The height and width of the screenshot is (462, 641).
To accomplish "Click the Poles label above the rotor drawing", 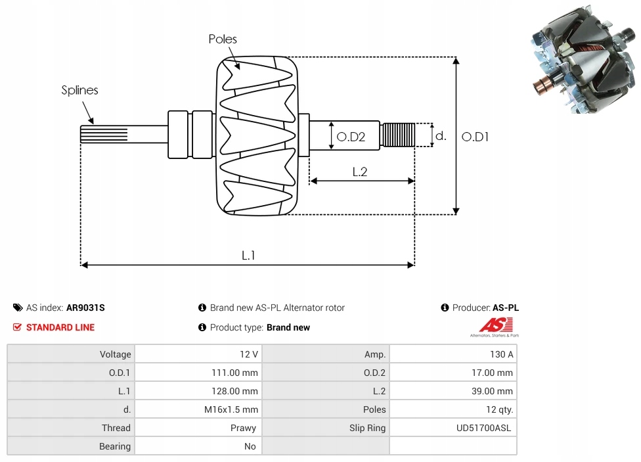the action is coord(223,39).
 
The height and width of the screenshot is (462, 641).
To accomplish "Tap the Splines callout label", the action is coord(79,90).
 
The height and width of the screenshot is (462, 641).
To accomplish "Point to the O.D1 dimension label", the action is coord(475,137).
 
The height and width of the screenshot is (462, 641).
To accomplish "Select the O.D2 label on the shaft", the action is coord(351,137).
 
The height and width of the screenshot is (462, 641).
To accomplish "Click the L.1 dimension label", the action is coord(248,256).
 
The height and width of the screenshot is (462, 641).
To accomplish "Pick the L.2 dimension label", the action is coord(360,172).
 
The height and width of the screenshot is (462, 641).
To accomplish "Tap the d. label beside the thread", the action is coord(441,135).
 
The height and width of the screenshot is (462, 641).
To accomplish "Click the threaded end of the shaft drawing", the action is coord(397,135).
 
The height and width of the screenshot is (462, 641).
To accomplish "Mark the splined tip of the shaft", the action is coord(104,134).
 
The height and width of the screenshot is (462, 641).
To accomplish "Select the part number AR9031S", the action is coord(85,308).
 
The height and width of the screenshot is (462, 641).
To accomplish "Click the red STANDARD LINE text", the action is coord(60,327).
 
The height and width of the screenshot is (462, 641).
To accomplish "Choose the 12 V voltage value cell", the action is coord(248,354).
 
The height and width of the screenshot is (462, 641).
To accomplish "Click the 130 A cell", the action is coord(502,354).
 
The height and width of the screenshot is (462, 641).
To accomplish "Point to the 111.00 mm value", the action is coord(234,373).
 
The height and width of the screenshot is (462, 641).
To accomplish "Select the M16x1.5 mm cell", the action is coord(231,409).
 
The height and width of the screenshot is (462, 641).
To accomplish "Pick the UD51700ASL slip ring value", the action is coord(483,428).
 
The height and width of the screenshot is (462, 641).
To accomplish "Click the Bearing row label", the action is coord(115,446).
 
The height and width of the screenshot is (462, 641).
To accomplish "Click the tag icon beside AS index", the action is coord(18,308).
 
